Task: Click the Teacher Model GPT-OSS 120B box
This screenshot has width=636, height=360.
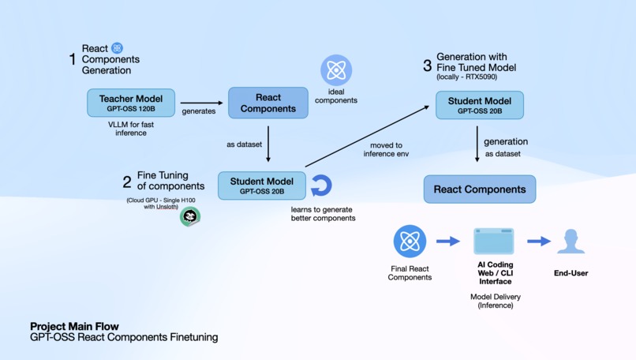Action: point(131,103)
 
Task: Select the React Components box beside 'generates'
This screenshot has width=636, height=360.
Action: point(268,103)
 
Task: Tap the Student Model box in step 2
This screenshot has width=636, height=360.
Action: point(261,186)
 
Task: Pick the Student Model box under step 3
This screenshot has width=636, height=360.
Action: point(479,105)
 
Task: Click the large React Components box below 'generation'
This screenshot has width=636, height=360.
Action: point(479,189)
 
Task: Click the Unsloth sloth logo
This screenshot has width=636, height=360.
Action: point(189,216)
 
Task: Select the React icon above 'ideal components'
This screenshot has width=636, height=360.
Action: point(336,71)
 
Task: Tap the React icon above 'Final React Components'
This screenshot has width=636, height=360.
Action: point(410,242)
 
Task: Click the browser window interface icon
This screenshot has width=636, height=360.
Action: point(494,242)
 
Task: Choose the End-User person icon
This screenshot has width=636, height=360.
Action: point(571,242)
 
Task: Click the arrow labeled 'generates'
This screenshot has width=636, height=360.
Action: point(202,103)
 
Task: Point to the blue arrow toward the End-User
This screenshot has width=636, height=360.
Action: point(539,242)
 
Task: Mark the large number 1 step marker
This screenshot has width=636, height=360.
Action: point(73,59)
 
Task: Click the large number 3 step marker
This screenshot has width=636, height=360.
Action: point(427,65)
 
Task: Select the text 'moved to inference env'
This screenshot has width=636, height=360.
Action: point(386,149)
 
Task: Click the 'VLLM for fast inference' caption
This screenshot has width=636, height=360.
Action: point(131,129)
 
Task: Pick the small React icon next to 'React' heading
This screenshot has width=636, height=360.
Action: point(117,48)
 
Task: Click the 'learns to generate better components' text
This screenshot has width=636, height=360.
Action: point(324,213)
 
